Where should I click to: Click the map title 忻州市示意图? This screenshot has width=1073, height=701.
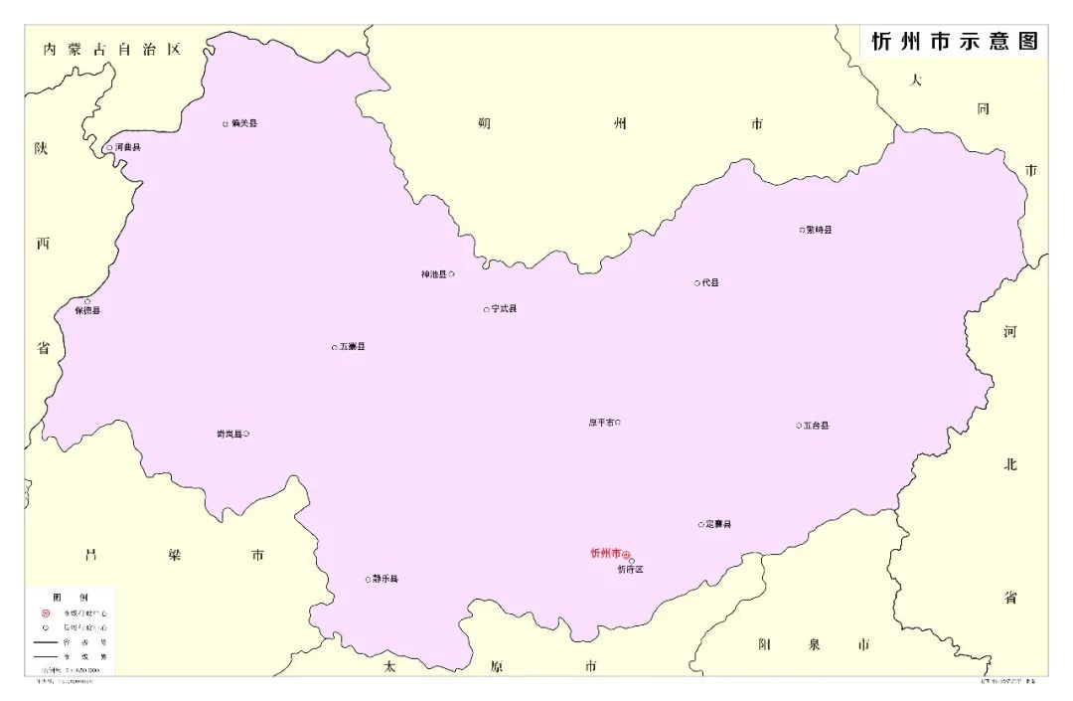pyautogui.click(x=954, y=41)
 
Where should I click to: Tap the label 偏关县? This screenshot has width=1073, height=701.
pyautogui.click(x=244, y=124)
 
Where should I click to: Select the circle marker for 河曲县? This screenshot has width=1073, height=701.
pyautogui.click(x=109, y=148)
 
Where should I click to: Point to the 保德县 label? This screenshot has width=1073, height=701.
pyautogui.click(x=87, y=311)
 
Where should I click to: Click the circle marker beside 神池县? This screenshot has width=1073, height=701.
pyautogui.click(x=451, y=274)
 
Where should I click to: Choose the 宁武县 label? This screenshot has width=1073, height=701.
pyautogui.click(x=504, y=309)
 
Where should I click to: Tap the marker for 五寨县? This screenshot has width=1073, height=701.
pyautogui.click(x=335, y=347)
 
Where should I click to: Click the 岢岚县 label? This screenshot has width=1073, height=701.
pyautogui.click(x=229, y=434)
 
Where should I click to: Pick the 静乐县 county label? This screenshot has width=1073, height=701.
pyautogui.click(x=384, y=579)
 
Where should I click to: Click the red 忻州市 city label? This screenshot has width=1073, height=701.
pyautogui.click(x=605, y=553)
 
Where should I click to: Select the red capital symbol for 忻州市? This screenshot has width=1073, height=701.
pyautogui.click(x=627, y=555)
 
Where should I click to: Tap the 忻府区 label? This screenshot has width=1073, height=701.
pyautogui.click(x=630, y=570)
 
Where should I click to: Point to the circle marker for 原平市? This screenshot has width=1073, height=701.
pyautogui.click(x=618, y=423)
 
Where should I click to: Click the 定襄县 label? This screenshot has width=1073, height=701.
pyautogui.click(x=718, y=524)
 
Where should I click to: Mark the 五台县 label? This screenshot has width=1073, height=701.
pyautogui.click(x=816, y=426)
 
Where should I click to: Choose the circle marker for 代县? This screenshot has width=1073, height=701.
pyautogui.click(x=697, y=283)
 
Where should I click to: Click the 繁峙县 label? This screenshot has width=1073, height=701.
pyautogui.click(x=819, y=230)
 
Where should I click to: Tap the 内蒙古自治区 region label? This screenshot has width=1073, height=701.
pyautogui.click(x=111, y=49)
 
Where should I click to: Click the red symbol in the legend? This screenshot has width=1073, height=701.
pyautogui.click(x=46, y=613)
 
